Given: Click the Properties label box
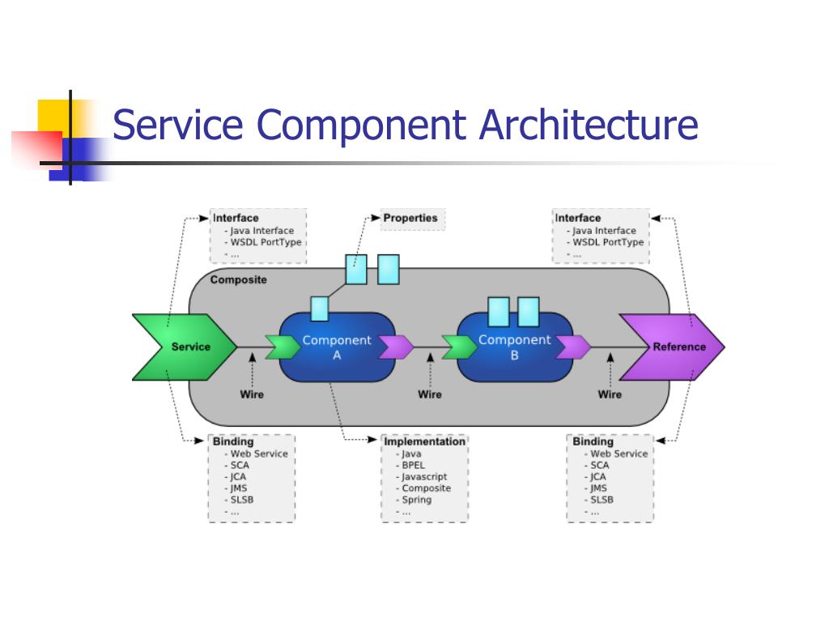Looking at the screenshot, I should [x=410, y=218].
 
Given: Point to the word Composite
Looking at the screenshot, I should [x=238, y=280].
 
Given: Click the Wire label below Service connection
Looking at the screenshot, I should [x=252, y=394].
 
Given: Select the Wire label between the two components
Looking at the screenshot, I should [x=430, y=394].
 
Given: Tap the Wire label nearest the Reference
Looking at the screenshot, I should [x=610, y=394].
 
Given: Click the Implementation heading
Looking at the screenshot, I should [x=424, y=441].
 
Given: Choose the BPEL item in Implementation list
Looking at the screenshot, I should [x=413, y=466].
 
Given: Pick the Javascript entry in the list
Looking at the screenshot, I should [x=424, y=477].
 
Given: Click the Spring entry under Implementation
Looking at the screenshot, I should [x=417, y=500].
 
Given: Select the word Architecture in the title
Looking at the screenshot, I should [x=589, y=126].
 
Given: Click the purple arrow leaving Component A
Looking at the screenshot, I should [x=396, y=347].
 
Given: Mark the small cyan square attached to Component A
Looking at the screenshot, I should [x=320, y=309].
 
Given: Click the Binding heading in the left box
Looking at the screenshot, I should [x=233, y=441].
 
